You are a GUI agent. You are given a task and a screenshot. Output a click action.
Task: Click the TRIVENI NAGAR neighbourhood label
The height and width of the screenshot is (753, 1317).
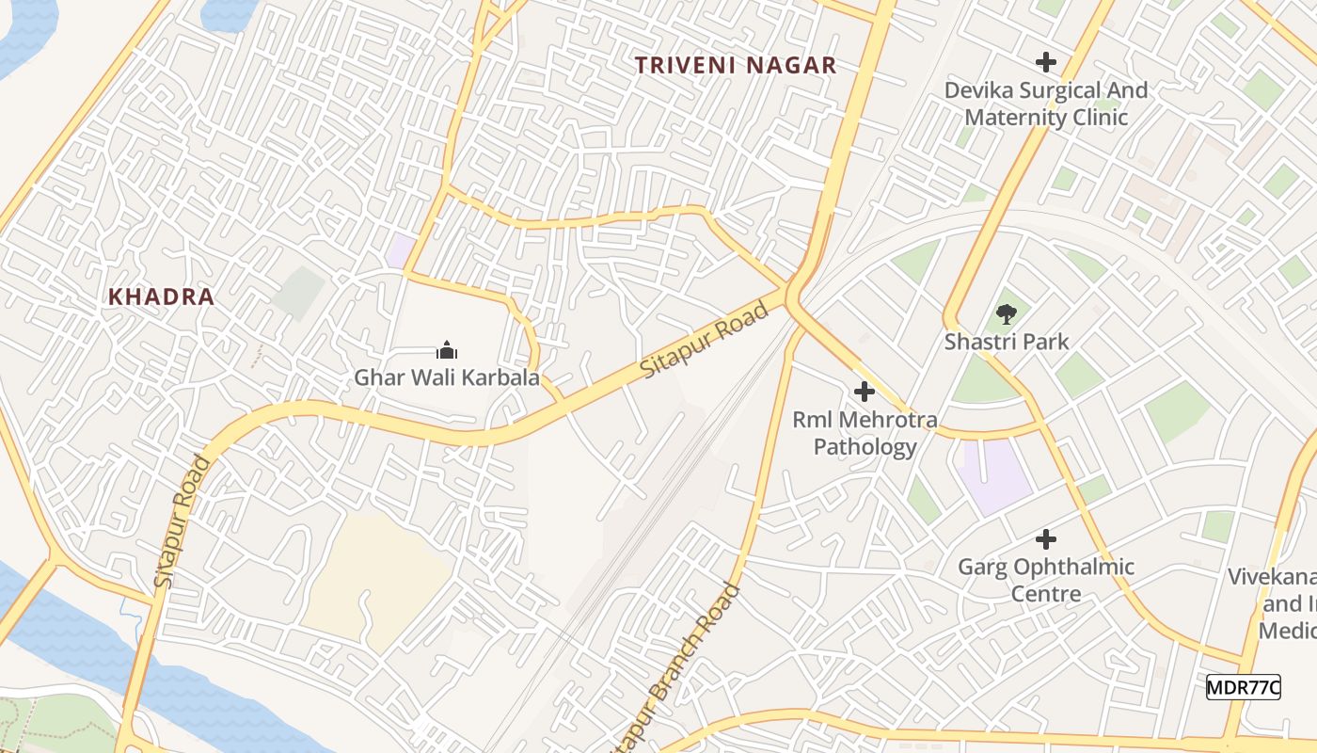(x=735, y=65)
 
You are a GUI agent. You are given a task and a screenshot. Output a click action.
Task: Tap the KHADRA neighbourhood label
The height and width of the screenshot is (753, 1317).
(x=161, y=296)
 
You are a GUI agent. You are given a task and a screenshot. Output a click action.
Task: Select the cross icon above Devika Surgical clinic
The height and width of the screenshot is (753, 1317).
(x=1045, y=63)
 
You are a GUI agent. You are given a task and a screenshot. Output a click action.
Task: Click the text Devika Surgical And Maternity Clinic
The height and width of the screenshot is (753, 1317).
(x=1046, y=104)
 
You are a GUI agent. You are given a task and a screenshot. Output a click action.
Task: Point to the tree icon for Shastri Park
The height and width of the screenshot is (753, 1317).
(x=1007, y=314)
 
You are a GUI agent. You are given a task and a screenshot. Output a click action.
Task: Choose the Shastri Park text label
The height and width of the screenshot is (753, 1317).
(x=1007, y=341)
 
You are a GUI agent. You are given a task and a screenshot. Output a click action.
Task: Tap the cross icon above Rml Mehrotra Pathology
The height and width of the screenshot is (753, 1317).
(x=864, y=392)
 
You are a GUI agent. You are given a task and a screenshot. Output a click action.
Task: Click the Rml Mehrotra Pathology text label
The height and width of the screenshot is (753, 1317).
(x=865, y=433)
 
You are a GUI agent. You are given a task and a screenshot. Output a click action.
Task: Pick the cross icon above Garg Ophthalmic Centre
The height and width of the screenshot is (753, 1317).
(x=1045, y=539)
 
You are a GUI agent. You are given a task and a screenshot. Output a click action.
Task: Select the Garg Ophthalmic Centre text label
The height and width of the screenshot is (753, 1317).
(x=1045, y=580)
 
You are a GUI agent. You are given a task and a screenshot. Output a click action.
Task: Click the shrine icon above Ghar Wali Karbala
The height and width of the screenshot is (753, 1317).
(x=446, y=351)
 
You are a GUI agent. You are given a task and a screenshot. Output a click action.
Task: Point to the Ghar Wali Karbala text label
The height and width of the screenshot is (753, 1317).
(x=446, y=377)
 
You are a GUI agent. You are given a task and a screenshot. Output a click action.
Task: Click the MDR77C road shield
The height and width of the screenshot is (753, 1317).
(x=1243, y=687)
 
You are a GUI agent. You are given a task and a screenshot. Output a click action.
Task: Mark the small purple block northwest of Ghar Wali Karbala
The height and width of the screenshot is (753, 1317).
(x=401, y=251)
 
